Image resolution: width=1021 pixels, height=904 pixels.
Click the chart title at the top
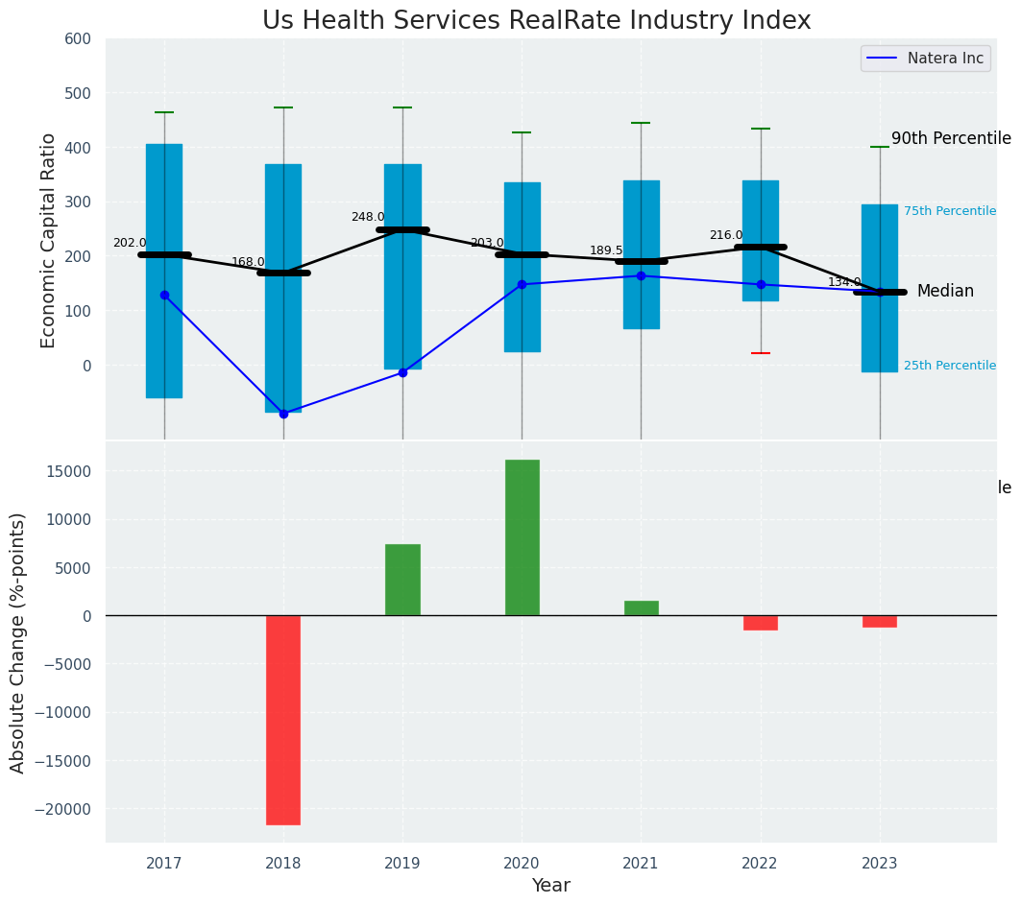537,21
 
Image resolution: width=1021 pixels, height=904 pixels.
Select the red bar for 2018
283,720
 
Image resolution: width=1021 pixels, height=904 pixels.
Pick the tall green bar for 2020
522,537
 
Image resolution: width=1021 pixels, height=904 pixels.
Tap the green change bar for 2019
402,580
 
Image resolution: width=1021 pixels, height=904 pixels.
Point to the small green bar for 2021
641,607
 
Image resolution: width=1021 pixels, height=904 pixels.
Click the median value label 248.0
368,218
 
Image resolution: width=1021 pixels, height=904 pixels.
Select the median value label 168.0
248,262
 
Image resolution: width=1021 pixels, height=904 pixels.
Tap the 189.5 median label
606,250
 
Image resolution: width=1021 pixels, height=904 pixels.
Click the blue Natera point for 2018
283,414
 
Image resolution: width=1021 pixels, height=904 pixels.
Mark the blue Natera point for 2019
402,372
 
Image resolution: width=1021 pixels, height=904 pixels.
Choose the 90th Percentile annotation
951,139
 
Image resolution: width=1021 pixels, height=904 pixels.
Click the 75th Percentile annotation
949,211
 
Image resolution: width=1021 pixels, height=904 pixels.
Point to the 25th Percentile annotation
949,366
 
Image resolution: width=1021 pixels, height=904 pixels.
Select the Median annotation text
945,292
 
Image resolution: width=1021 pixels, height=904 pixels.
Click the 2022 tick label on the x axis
760,863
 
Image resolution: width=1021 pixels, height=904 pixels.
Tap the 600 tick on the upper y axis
78,39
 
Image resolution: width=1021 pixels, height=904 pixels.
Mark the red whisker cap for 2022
761,353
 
